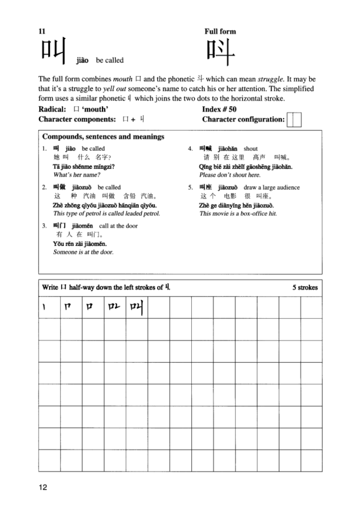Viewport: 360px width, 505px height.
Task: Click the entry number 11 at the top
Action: (42, 32)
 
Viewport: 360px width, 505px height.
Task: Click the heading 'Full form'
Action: (220, 32)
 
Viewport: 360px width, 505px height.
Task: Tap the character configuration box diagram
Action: (295, 120)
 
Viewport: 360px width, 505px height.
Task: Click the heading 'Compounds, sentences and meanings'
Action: (103, 136)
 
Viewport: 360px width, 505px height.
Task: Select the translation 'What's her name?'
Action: (77, 175)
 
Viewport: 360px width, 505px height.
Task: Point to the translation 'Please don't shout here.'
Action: (229, 175)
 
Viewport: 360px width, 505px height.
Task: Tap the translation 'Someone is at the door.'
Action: (83, 252)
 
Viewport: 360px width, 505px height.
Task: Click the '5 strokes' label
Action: (305, 288)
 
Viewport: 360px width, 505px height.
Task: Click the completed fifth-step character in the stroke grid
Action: (137, 308)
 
